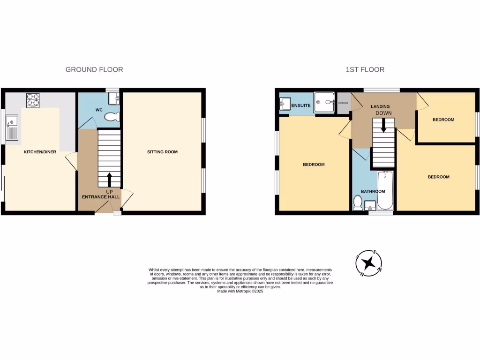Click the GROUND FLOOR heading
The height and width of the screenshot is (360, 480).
coord(94,69)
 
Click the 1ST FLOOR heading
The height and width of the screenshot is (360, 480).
coord(365,69)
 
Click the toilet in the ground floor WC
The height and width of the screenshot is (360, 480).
coord(111,117)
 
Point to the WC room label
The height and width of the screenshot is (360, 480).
coord(99,110)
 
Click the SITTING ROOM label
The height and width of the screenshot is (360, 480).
coord(162,152)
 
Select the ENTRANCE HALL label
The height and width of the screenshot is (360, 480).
coord(101,197)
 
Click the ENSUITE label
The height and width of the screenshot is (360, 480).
coord(301,106)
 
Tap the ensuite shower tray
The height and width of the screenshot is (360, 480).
coord(324,102)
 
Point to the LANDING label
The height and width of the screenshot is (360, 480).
coord(380,106)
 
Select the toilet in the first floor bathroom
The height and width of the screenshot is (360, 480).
coord(358,203)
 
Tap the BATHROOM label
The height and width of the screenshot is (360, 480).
coord(373,191)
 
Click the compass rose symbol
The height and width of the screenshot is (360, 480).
coord(369,262)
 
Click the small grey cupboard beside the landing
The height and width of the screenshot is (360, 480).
coord(344,103)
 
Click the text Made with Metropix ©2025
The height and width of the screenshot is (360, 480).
coord(240,291)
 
